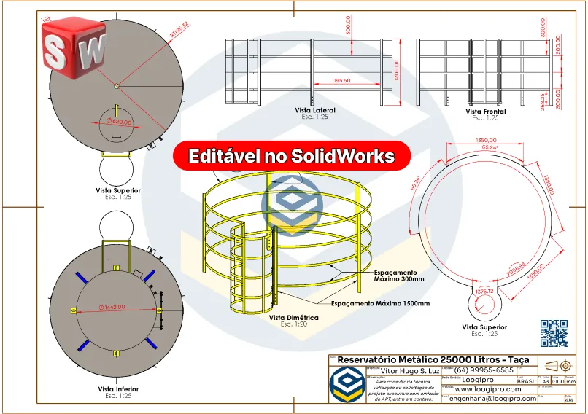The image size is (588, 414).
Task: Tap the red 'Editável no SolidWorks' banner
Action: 292,156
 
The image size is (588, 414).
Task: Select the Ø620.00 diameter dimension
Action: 119,122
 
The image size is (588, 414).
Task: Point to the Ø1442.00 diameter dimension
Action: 109,307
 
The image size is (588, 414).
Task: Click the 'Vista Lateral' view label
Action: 315,110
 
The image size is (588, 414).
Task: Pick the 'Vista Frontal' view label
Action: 486,112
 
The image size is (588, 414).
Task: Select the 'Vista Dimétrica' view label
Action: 290,318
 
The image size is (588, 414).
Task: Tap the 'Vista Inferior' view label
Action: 118,389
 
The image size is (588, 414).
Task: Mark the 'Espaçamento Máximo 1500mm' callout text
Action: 380,303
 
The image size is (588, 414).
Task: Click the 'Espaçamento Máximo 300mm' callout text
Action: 398,275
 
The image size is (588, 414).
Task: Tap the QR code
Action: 554,333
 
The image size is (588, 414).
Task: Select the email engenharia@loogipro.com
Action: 492,399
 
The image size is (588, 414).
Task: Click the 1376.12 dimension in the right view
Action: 485,291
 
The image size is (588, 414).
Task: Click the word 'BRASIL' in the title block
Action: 527,380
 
